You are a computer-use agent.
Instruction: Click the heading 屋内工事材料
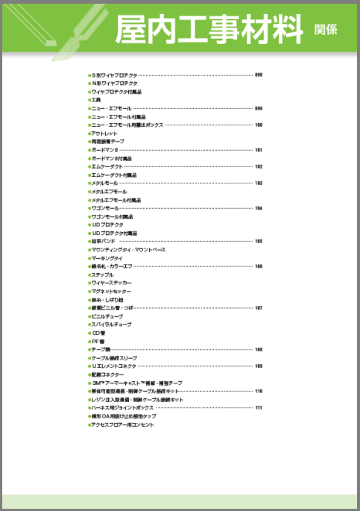click(x=209, y=28)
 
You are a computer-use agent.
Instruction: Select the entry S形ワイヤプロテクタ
click(x=114, y=75)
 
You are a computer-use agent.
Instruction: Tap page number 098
click(x=259, y=75)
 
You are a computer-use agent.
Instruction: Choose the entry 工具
click(x=96, y=100)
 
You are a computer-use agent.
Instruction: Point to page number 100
click(x=259, y=125)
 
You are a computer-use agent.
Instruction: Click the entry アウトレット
click(x=104, y=134)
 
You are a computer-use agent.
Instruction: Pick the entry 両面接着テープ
click(x=108, y=142)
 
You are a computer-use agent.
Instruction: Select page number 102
click(x=259, y=166)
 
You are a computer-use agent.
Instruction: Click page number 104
click(x=259, y=208)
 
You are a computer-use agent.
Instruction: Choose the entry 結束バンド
click(x=104, y=242)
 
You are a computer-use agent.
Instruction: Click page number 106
click(x=259, y=266)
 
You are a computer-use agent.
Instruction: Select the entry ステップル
click(x=103, y=275)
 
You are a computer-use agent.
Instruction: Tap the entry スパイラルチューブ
click(x=111, y=325)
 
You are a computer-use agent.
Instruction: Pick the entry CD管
click(x=98, y=333)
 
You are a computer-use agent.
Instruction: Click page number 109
click(x=259, y=366)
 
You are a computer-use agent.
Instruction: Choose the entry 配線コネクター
click(x=108, y=374)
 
